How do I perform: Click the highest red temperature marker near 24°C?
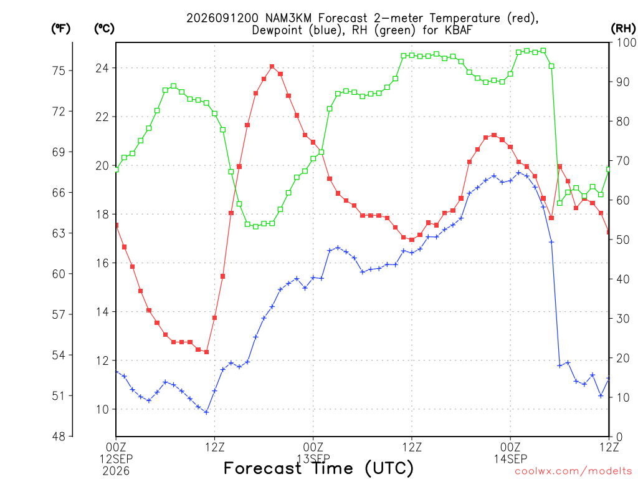tap(272, 66)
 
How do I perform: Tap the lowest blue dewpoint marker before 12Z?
tap(206, 412)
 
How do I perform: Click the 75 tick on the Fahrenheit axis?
tap(59, 71)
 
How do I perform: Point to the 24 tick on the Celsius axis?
tap(103, 68)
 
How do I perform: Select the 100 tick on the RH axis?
tap(626, 42)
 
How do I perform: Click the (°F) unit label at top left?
tap(61, 29)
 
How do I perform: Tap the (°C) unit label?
tap(104, 29)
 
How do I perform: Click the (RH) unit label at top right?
tap(623, 29)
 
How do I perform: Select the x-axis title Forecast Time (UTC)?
tap(318, 468)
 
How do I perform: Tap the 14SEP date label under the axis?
tap(511, 459)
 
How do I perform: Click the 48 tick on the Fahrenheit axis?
tap(59, 437)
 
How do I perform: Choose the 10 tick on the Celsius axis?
tap(103, 409)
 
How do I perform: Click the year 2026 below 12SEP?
tap(116, 472)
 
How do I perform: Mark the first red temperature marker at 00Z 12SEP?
tap(117, 225)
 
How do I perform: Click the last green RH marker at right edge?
tap(608, 169)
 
